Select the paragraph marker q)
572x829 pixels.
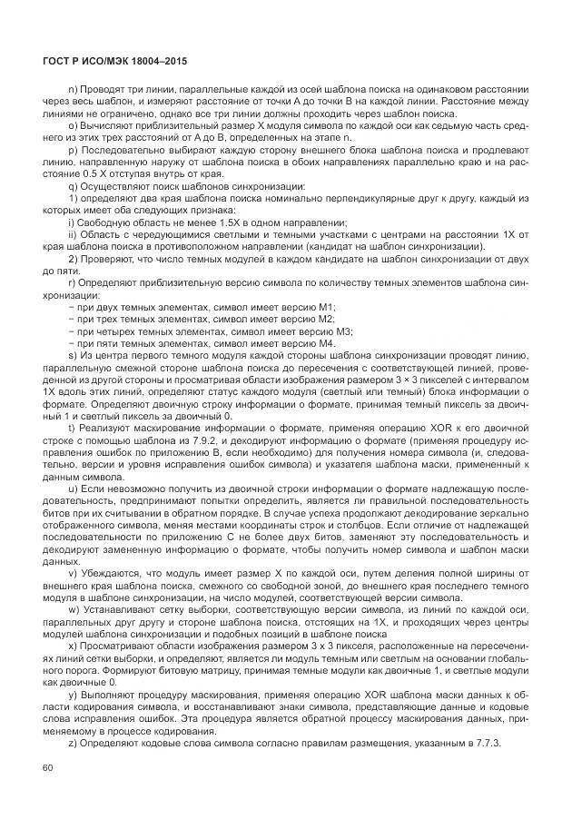pos(73,186)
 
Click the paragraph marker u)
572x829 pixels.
pos(73,488)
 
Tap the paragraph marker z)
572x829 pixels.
pos(73,744)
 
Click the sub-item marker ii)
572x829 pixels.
pos(72,234)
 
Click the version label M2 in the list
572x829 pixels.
pos(324,319)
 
